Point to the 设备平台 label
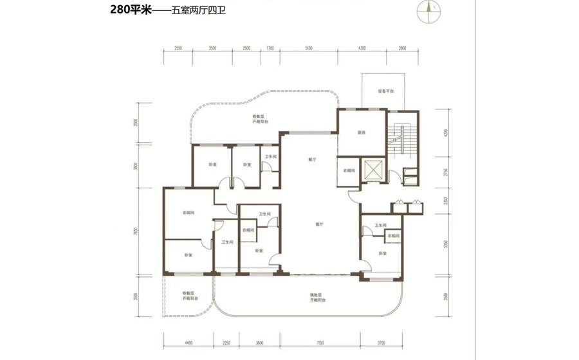[x=384, y=91]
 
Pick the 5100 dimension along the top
[x=309, y=48]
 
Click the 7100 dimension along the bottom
[x=319, y=343]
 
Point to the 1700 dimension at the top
[x=270, y=48]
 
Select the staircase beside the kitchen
[x=402, y=141]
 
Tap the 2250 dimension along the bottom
[x=226, y=343]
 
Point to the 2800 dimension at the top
[x=402, y=48]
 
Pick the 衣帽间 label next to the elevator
[x=348, y=170]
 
